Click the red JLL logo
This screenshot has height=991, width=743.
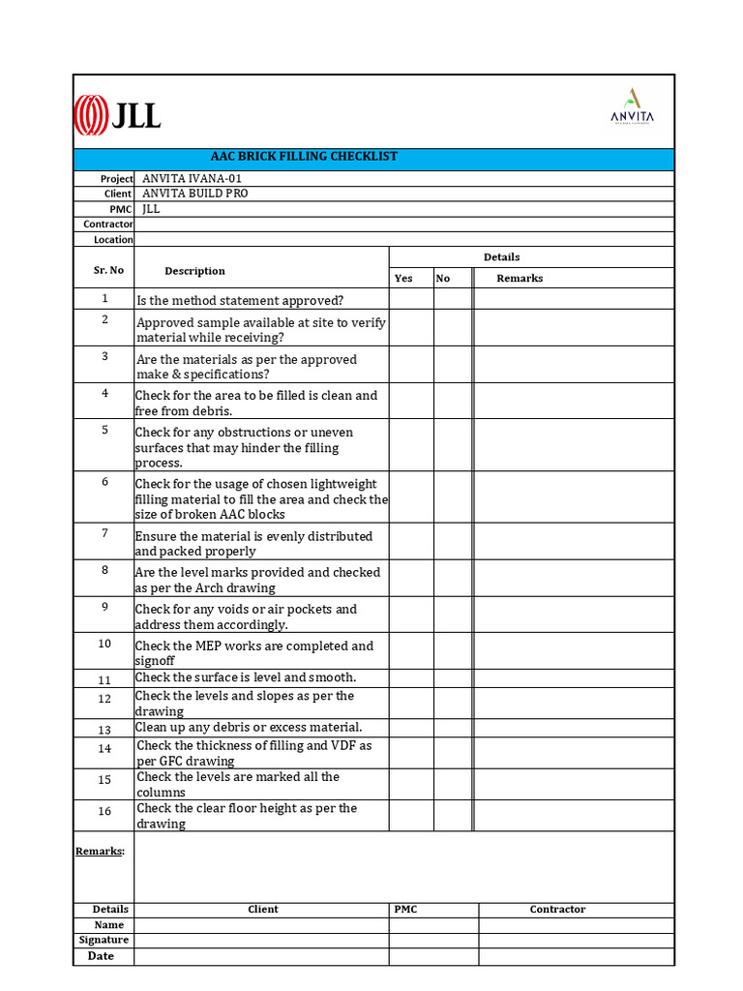point(117,116)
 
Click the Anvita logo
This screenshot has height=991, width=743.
point(632,106)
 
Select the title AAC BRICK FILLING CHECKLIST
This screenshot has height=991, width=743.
point(304,157)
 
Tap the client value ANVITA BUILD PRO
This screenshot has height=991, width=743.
point(194,194)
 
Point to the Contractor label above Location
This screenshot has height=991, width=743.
point(108,225)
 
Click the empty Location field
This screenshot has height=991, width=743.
point(403,239)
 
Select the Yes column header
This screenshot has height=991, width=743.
point(403,279)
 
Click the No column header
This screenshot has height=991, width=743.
point(443,279)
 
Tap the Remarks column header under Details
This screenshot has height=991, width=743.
point(520,279)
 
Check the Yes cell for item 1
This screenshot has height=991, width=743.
point(411,299)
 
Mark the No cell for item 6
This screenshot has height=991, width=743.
point(452,497)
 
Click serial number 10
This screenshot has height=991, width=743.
point(104,644)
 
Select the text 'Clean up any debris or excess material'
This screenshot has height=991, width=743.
point(249,728)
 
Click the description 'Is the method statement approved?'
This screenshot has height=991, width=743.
point(240,301)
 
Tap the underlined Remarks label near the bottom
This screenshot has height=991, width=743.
point(101,852)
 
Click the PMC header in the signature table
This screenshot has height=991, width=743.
point(406,910)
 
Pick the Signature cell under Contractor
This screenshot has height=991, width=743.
point(576,941)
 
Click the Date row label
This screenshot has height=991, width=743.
point(101,956)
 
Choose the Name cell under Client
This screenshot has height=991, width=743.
point(261,925)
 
